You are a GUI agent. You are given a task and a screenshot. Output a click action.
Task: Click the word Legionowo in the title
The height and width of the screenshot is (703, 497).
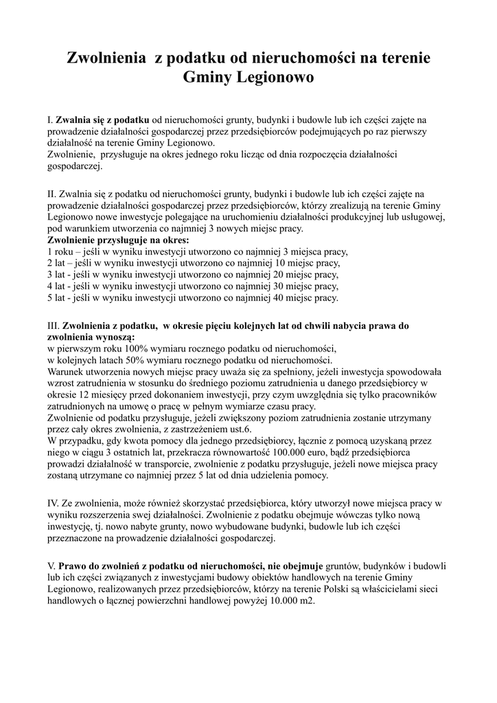point(275,78)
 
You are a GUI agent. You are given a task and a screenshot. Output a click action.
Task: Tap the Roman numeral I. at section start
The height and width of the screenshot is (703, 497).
point(50,120)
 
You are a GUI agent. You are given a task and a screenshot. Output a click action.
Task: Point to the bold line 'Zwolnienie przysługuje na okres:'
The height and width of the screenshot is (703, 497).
point(117,240)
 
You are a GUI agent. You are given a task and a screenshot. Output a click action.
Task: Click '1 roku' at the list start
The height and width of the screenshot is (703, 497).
point(60,252)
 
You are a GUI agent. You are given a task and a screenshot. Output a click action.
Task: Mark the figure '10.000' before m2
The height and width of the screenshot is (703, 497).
point(275,600)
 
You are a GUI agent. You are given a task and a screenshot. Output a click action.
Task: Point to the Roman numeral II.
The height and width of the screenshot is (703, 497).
point(52,194)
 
